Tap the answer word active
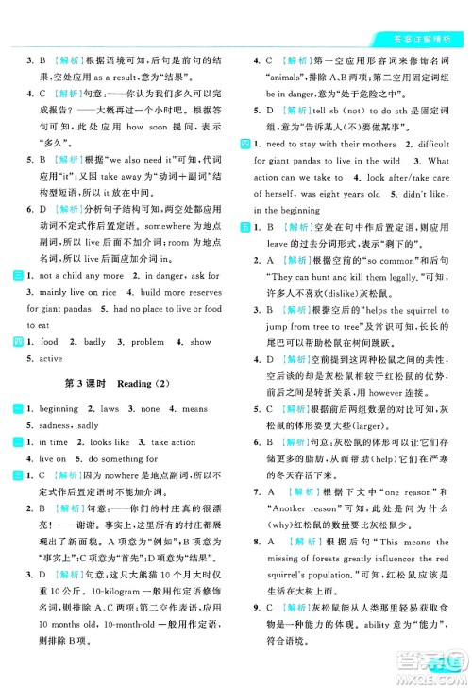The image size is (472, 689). coord(49,358)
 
